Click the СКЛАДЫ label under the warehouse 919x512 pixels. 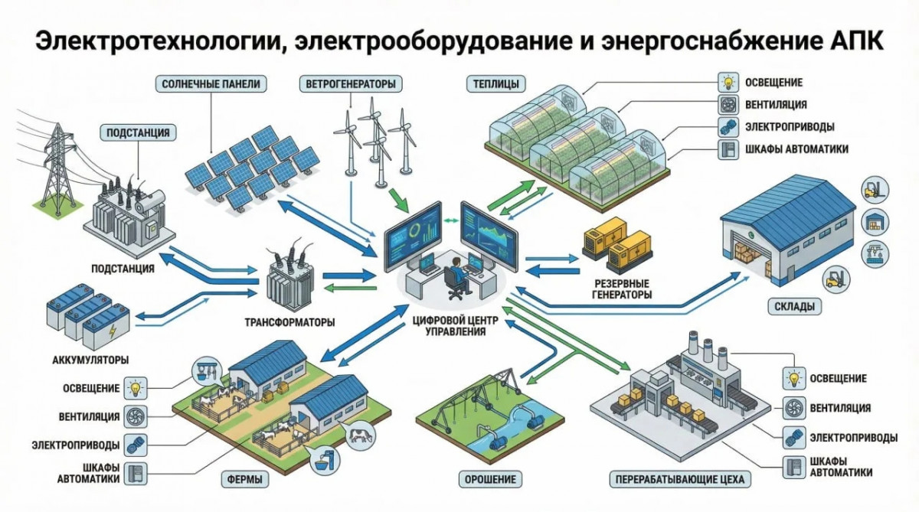(x=790, y=307)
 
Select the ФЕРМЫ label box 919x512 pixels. (x=244, y=481)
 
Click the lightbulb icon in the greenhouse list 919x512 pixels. (x=726, y=83)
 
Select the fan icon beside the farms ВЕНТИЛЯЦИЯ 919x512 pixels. (x=136, y=416)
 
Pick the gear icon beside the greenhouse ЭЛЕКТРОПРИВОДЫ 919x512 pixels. (x=726, y=127)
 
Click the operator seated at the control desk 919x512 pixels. (x=453, y=274)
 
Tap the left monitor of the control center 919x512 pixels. (x=413, y=233)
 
